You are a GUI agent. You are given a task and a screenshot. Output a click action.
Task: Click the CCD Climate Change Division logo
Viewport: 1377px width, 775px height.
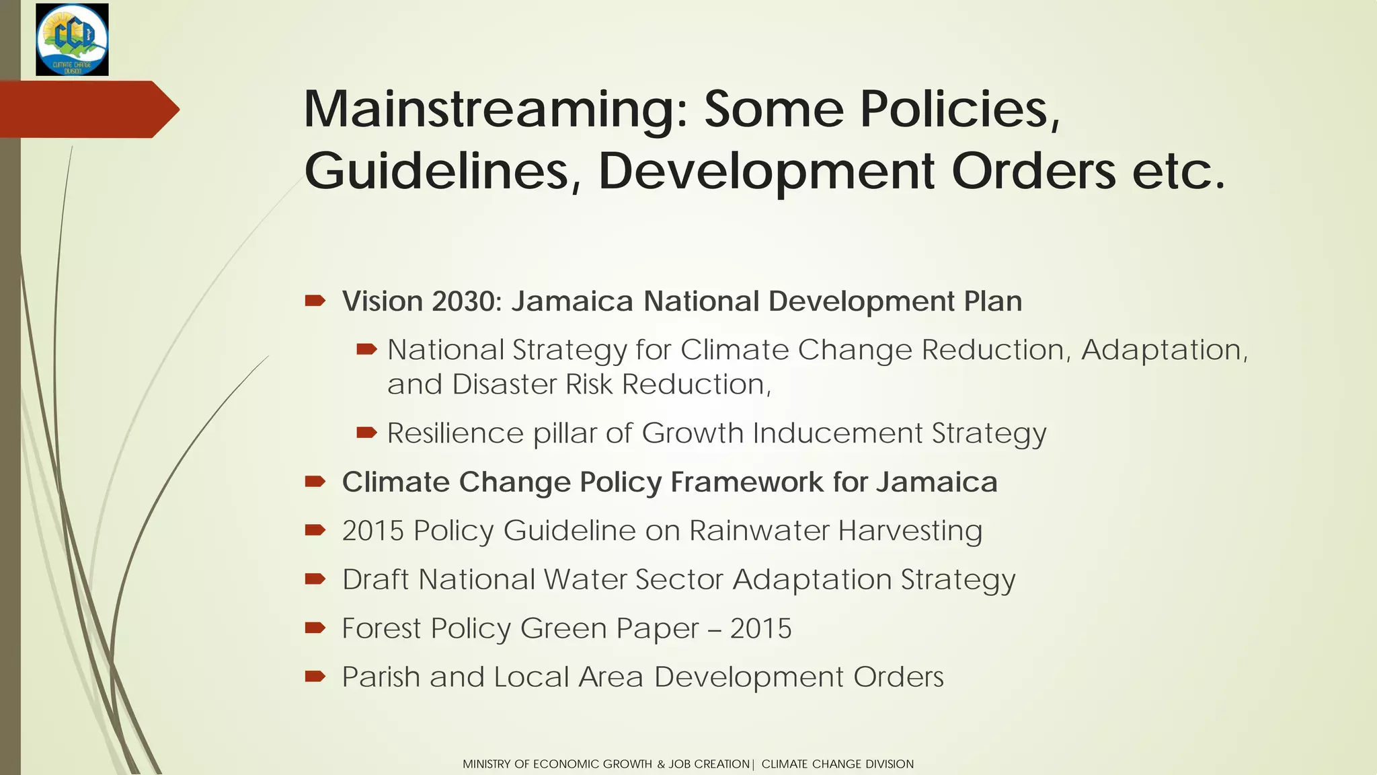tap(72, 39)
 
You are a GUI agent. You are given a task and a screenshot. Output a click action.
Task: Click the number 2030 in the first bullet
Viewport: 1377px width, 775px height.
tap(463, 301)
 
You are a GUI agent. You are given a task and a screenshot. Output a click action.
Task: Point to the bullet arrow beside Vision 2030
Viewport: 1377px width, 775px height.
tap(315, 300)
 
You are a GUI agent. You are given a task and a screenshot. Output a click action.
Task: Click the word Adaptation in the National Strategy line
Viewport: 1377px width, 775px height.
tap(1163, 350)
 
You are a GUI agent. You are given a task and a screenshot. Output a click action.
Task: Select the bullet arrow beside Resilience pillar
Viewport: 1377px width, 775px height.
tap(366, 433)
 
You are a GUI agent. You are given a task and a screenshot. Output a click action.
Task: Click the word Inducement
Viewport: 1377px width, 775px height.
tap(837, 433)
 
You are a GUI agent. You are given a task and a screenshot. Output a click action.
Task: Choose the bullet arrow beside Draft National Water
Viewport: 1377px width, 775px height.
tap(315, 579)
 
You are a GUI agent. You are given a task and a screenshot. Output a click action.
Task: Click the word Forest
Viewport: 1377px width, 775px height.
tap(381, 628)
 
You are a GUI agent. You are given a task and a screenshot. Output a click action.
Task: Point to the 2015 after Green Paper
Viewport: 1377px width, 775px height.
tap(760, 628)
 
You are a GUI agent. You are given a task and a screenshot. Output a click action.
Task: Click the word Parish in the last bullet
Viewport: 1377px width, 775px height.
tap(381, 677)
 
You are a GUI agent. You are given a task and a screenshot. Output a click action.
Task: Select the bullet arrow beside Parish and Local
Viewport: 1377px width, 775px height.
tap(315, 676)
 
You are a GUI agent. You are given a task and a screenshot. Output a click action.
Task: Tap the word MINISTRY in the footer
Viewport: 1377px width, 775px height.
tap(487, 764)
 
